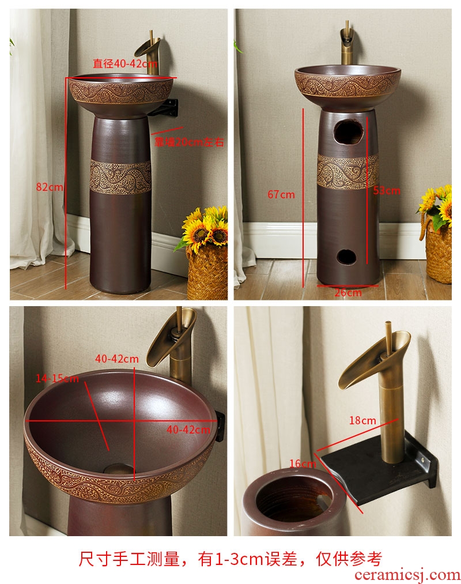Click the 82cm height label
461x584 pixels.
click(x=50, y=187)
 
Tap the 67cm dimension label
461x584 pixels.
click(x=281, y=194)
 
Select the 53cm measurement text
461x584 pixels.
click(x=387, y=191)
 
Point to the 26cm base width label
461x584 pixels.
click(x=348, y=293)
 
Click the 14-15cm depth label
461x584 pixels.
click(x=57, y=378)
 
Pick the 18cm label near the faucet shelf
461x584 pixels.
click(x=362, y=420)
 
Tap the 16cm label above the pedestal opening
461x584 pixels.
click(x=303, y=464)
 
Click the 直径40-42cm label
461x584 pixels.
click(x=125, y=63)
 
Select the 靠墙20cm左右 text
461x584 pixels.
click(x=189, y=142)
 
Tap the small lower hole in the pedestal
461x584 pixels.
click(x=346, y=257)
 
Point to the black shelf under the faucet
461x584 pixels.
click(x=376, y=466)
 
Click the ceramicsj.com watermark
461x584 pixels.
click(x=407, y=575)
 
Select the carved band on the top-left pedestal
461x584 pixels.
click(x=120, y=177)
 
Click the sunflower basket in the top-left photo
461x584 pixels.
click(x=206, y=253)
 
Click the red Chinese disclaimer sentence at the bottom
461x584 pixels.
click(x=231, y=559)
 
